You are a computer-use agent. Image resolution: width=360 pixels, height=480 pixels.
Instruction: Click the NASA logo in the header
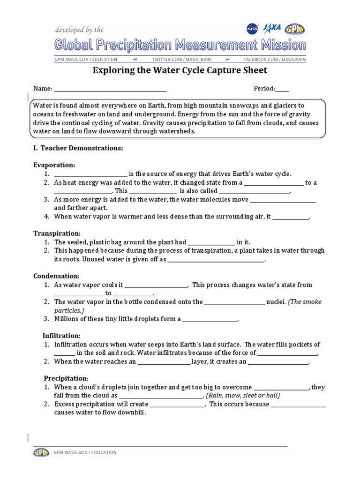(253, 29)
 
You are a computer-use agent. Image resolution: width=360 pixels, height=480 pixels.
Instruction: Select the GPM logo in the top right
(294, 29)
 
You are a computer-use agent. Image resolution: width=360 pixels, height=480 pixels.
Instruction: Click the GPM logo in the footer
(41, 452)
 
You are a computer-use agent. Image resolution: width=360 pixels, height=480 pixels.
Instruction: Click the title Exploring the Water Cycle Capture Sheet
(180, 71)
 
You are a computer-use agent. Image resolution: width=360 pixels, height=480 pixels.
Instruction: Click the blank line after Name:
(111, 89)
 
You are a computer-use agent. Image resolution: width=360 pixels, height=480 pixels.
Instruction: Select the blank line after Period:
(282, 89)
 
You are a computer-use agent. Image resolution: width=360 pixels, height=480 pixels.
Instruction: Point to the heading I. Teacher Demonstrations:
(78, 148)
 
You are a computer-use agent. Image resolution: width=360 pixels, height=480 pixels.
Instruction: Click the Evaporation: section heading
(54, 165)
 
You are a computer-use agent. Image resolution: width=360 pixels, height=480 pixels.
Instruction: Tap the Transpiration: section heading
(57, 233)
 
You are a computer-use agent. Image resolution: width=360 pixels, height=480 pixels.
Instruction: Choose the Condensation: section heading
(56, 276)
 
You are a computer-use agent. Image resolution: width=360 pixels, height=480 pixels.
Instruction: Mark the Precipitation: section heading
(66, 378)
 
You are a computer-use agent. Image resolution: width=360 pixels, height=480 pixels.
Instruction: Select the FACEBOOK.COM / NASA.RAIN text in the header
(274, 60)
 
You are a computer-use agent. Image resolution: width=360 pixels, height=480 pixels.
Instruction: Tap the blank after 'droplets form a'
(210, 320)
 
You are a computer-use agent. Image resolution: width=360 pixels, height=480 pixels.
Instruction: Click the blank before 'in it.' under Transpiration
(211, 243)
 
